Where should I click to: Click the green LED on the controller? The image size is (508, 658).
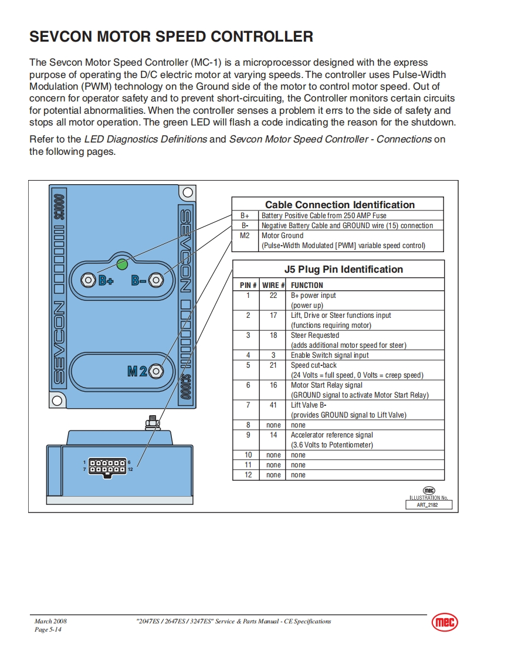(122, 264)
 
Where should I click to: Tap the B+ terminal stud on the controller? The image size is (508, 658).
(88, 280)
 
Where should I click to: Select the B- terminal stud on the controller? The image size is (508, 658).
(155, 280)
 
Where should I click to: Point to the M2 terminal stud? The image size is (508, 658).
(155, 371)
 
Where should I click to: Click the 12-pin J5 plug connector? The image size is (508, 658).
(107, 466)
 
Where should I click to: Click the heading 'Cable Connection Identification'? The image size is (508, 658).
(340, 205)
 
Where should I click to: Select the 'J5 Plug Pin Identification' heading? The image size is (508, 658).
(343, 269)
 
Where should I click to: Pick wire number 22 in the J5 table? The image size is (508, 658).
(273, 296)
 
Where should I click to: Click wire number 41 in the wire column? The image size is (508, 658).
(273, 405)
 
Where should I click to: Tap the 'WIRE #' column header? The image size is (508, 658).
(273, 286)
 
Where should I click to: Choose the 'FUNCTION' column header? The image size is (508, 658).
(307, 286)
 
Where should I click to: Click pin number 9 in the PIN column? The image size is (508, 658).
(248, 435)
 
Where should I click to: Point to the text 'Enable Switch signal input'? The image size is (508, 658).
(330, 355)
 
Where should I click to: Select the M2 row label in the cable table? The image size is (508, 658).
(245, 236)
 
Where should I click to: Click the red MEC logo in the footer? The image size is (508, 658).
(445, 623)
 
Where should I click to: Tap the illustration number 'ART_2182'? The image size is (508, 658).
(430, 504)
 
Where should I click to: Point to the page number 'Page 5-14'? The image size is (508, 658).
(48, 629)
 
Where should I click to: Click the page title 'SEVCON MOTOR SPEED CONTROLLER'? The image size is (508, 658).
(171, 37)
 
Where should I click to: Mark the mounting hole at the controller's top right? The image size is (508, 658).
(187, 192)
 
